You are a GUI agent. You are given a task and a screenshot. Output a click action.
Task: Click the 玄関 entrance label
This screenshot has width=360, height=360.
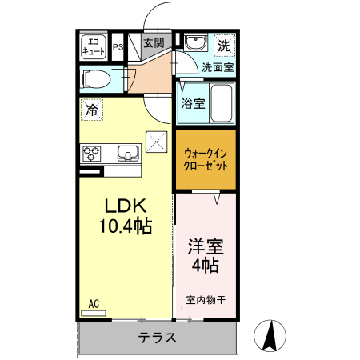coord(154,43)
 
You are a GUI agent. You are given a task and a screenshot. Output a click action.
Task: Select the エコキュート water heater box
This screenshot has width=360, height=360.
coord(94,46)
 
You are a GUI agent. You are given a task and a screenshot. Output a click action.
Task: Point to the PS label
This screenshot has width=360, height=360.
coord(118,47)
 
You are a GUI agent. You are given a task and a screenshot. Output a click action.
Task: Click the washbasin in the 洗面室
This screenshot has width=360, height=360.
coord(195,42)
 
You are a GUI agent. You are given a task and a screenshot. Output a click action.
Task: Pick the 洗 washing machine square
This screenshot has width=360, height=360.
coord(224,46)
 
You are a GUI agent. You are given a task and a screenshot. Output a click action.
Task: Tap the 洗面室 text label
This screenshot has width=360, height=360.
coord(218,67)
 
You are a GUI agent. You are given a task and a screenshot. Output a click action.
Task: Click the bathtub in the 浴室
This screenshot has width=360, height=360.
coord(221,103)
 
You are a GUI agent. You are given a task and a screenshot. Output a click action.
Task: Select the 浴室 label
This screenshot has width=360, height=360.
coord(193,103)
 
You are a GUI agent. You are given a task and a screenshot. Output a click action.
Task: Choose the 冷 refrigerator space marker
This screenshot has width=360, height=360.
coord(92,110)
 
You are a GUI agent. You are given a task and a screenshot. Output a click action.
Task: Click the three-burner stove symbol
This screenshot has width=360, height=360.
coord(91,154)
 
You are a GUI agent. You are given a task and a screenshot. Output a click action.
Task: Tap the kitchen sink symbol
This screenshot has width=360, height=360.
coord(128,154)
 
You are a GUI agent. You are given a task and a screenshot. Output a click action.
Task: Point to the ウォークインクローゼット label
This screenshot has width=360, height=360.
coord(206,159)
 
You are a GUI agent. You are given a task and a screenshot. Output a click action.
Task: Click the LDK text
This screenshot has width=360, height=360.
coord(126,206)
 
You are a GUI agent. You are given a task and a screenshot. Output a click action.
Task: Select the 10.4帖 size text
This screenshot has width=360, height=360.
coord(126,226)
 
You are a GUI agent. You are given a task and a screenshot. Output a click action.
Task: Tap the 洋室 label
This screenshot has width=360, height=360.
coord(206,246)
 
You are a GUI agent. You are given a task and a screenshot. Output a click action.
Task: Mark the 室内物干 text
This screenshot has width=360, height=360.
coord(206,300)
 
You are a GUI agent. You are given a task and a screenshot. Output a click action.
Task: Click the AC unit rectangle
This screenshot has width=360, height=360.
coord(94,313)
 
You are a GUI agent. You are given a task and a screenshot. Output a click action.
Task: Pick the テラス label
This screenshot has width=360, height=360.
coord(158,338)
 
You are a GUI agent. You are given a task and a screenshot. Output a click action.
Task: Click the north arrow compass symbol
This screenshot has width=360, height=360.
coord(270,335)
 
